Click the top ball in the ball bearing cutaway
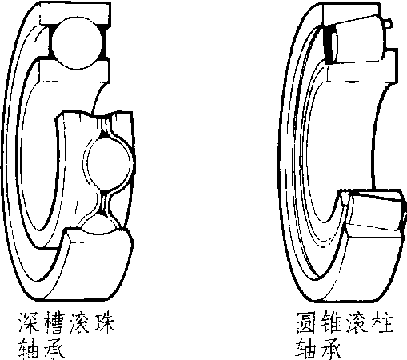click(77, 42)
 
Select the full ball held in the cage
click(110, 162)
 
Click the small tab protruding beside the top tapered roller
click(388, 23)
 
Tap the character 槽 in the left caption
click(54, 323)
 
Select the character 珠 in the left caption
click(105, 323)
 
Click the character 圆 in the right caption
click(306, 323)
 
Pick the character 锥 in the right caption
click(332, 323)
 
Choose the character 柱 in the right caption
click(382, 323)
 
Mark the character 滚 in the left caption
click(79, 323)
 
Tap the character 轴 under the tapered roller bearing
click(306, 348)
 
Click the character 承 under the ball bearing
click(54, 348)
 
